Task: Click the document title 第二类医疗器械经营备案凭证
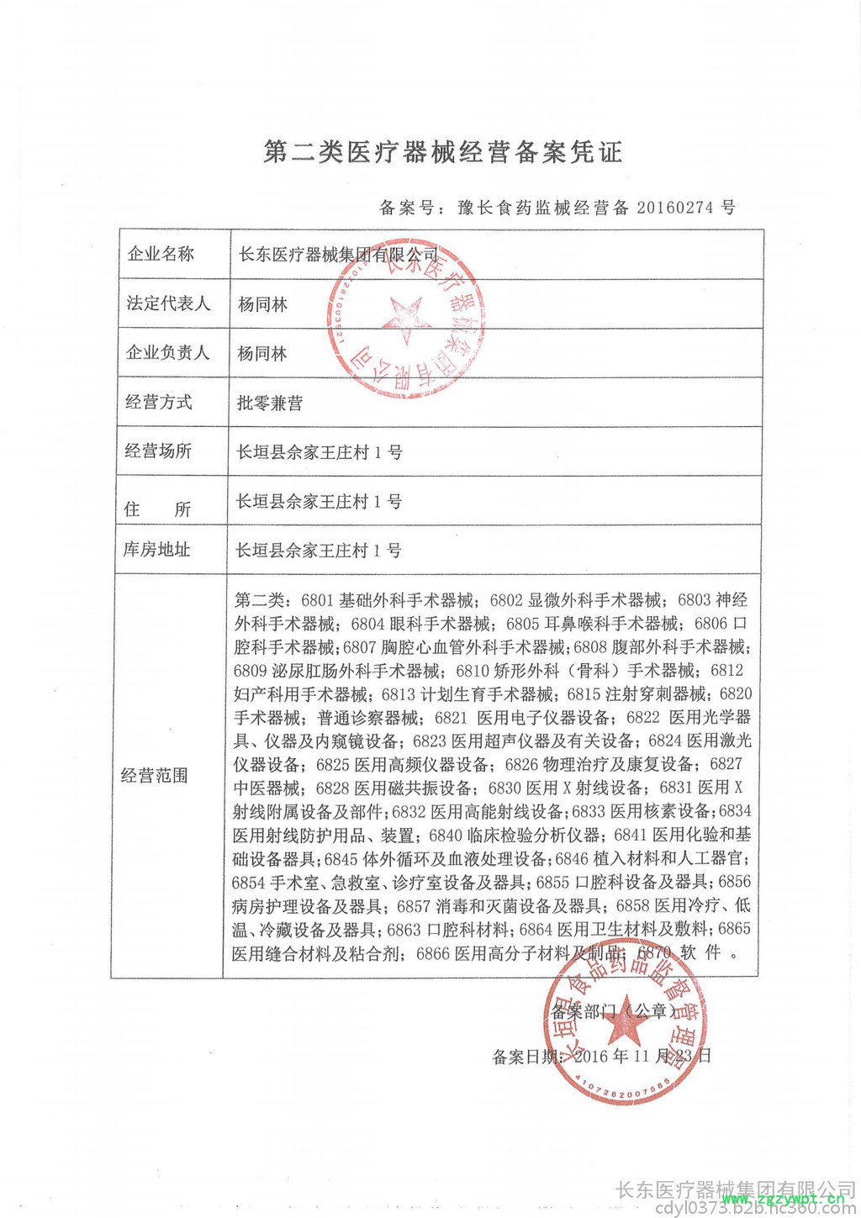point(442,152)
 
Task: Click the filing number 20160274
point(677,208)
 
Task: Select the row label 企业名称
point(161,254)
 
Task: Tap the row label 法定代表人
point(168,303)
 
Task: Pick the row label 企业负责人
point(167,353)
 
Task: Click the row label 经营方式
point(159,403)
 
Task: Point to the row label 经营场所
point(159,451)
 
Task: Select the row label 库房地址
point(157,551)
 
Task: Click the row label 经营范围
point(155,776)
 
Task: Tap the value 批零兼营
point(270,403)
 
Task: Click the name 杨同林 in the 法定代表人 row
point(262,304)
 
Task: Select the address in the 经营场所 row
point(320,452)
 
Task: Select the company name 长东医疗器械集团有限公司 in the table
point(338,254)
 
